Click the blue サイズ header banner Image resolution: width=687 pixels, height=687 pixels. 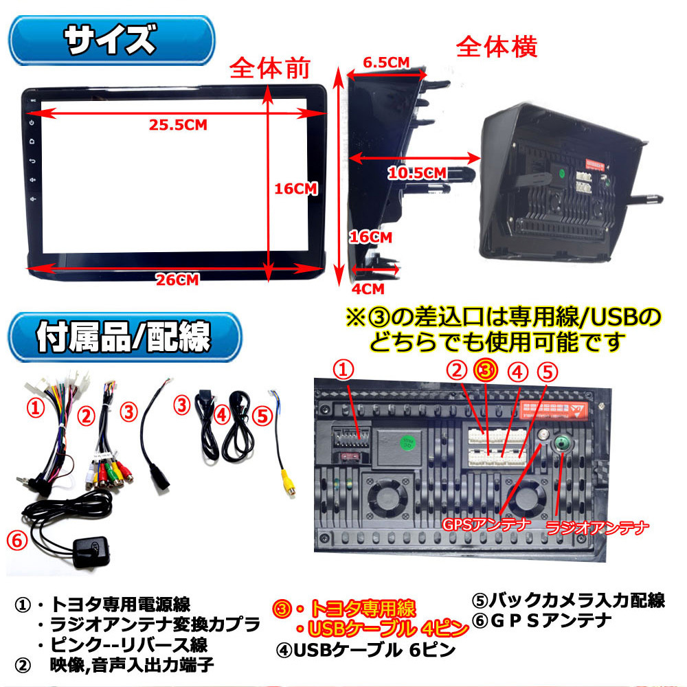[x=109, y=41]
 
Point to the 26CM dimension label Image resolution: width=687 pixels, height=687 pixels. [x=177, y=279]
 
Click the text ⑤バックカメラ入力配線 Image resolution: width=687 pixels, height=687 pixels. [x=567, y=600]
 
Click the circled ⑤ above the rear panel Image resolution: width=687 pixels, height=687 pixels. [x=545, y=372]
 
